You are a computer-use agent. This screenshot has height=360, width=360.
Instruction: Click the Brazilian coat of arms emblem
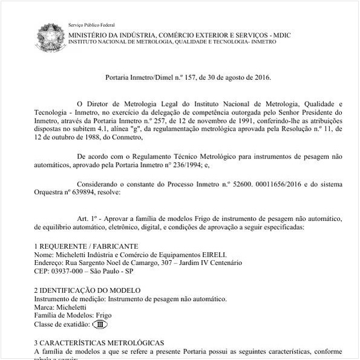pyautogui.click(x=49, y=36)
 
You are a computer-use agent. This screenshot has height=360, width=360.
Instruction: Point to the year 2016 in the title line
pyautogui.click(x=262, y=78)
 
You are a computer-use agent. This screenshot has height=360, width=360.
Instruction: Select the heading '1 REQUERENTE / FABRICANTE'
pyautogui.click(x=86, y=246)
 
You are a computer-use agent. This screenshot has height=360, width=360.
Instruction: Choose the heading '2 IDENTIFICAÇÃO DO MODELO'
pyautogui.click(x=87, y=290)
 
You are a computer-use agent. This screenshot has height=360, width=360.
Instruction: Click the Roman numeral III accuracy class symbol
pyautogui.click(x=100, y=324)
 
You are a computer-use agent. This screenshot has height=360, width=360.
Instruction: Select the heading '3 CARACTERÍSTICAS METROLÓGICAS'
pyautogui.click(x=99, y=342)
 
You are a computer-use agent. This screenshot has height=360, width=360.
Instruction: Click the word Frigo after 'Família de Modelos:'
pyautogui.click(x=103, y=315)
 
